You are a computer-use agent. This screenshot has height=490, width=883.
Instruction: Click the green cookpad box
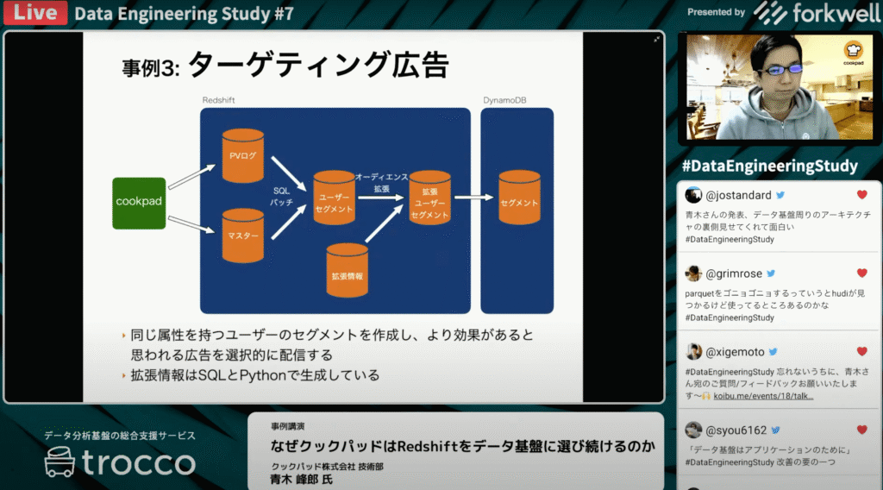pos(139,202)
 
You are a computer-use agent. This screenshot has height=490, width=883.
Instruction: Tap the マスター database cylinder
pos(242,235)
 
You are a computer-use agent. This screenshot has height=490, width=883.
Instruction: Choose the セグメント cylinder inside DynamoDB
pos(519,202)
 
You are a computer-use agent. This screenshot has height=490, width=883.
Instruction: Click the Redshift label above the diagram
pos(218,100)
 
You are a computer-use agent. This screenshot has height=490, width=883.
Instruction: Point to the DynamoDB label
pos(504,100)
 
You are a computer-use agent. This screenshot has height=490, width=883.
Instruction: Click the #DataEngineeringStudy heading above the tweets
pos(769,166)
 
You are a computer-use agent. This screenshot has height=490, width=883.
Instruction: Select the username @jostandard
pos(739,195)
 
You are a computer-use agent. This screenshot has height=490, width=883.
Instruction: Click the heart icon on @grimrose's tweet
pos(861,273)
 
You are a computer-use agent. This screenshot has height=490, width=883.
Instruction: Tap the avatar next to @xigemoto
pos(693,352)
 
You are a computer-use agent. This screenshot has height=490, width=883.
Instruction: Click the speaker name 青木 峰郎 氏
pos(301,479)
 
